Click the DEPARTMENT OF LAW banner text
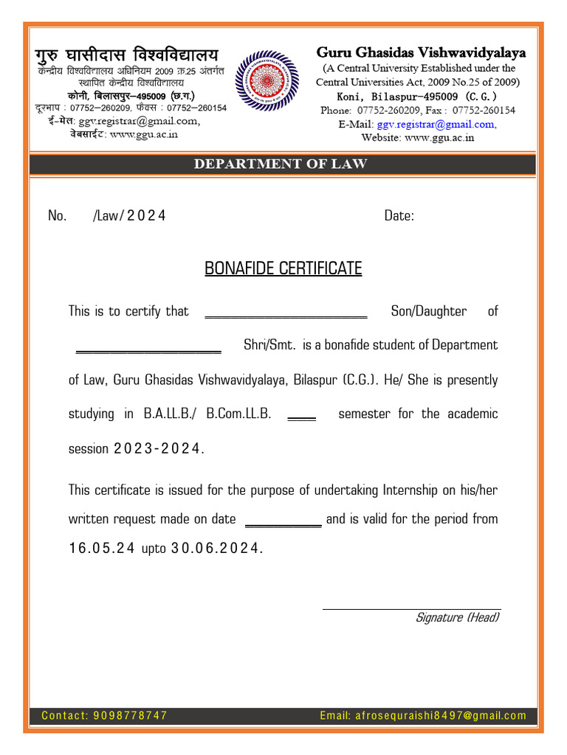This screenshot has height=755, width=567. click(281, 164)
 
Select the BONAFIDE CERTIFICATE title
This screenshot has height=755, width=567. click(283, 268)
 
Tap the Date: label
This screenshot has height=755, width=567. click(399, 216)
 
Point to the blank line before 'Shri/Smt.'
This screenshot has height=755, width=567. click(148, 349)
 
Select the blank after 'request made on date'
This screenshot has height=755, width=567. click(283, 523)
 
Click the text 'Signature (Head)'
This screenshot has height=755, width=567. click(457, 618)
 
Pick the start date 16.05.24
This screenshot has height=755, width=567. click(101, 549)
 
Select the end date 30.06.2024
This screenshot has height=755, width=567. click(216, 549)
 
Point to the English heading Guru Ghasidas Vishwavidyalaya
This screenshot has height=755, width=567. click(421, 52)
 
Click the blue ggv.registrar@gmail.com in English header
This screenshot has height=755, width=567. click(436, 124)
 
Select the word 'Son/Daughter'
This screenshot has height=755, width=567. click(428, 311)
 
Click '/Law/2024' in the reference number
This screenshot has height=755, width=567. click(129, 216)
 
